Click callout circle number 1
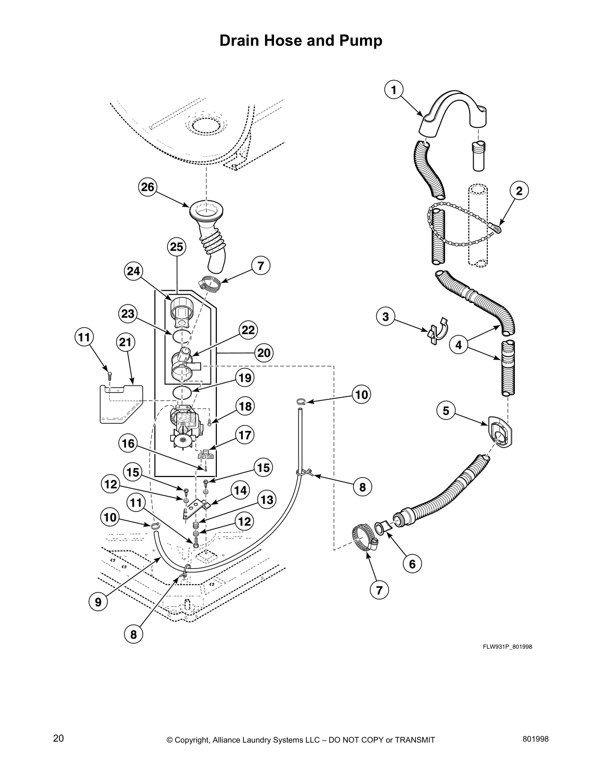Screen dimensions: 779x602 coord(393,90)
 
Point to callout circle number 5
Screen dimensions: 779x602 coord(446,410)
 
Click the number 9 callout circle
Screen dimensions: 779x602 coord(98,601)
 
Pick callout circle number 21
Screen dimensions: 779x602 coord(125,342)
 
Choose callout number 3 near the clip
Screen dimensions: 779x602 coord(386,317)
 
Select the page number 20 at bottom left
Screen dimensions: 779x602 coord(58,738)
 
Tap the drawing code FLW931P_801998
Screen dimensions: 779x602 coord(507,647)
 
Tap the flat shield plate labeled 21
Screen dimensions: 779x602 coord(120,403)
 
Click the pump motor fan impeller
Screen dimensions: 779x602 coord(183,440)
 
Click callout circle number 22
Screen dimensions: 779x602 coord(248,330)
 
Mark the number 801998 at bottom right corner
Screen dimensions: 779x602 coord(535,738)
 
